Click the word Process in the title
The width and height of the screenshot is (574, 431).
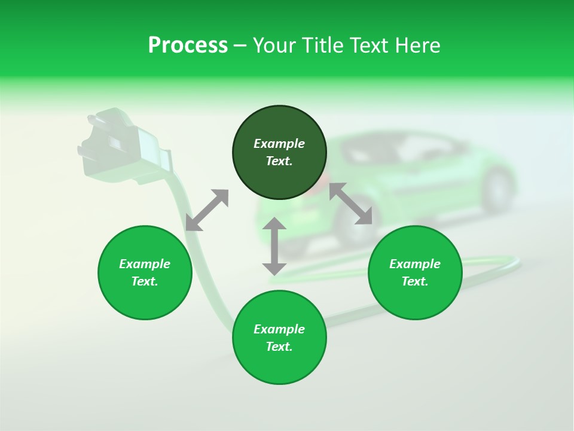pos(188,45)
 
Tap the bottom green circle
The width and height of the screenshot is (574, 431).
pos(279,365)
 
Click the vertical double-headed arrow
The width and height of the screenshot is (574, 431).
pos(274,246)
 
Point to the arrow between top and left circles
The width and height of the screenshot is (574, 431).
pos(207,210)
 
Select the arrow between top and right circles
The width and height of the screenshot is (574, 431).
pos(350,204)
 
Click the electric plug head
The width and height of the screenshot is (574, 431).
pos(120,144)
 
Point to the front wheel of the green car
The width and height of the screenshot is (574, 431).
pos(497,189)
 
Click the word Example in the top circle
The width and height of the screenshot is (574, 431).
pos(279,144)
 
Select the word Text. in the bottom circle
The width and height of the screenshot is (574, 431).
pos(279,347)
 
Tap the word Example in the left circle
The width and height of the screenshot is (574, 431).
pos(145,264)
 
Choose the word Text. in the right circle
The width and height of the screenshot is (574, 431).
pos(415,281)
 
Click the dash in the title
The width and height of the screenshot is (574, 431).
pos(240,45)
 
